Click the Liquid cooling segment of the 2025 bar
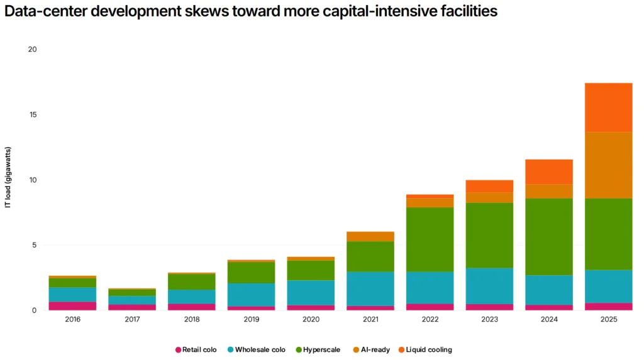608,107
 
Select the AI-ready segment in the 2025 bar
608,165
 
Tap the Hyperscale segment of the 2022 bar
430,239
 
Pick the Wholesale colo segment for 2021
370,288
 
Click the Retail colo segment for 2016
72,306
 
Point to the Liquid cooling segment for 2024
548,172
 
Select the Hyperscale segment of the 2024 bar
548,237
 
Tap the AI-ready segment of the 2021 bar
370,236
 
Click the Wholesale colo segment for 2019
251,295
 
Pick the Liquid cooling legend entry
428,349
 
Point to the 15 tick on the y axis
33,115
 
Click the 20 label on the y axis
33,50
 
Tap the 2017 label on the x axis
131,319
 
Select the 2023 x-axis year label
489,319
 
